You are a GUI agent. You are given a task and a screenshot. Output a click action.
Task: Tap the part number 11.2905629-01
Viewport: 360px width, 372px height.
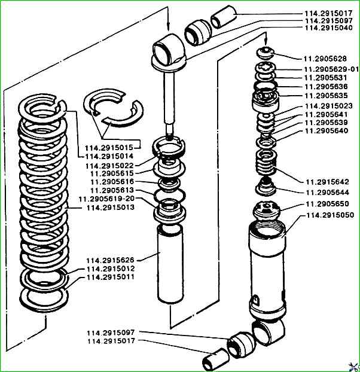point(332,69)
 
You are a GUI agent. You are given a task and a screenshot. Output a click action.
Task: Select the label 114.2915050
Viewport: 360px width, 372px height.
point(330,214)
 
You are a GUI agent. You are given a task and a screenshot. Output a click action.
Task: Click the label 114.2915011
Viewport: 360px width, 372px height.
point(111,278)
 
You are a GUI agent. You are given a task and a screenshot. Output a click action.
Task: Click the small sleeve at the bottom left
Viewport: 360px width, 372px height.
point(214,361)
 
